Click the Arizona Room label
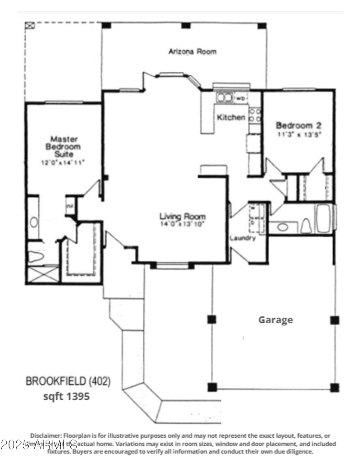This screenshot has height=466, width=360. point(192,51)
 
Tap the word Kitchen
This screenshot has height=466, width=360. point(231,118)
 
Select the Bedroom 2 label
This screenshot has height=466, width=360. point(298,125)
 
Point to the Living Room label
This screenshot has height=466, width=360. point(182,217)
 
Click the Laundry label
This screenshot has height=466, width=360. point(243,238)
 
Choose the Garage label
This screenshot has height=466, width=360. point(275,320)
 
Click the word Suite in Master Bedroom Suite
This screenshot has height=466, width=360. point(65,154)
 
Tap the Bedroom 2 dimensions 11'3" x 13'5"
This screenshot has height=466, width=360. point(298,134)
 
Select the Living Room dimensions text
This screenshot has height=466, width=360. point(182,224)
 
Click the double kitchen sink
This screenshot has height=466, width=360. point(225,97)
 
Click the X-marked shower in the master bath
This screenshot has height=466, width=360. point(43,274)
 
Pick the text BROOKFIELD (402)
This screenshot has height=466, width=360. point(68,382)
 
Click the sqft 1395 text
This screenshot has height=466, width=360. point(66,396)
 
